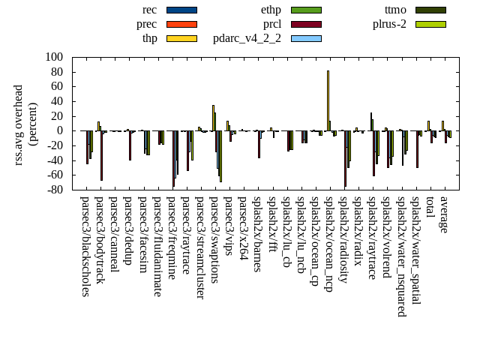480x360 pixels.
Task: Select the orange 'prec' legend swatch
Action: [181, 24]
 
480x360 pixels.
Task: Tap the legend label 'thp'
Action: [149, 38]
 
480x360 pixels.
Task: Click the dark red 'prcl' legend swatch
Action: [306, 24]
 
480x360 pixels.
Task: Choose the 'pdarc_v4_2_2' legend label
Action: [247, 38]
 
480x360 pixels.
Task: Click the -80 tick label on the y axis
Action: [54, 190]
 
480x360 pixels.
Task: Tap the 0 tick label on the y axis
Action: [60, 130]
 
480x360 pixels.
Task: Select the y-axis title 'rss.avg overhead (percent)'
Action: [25, 124]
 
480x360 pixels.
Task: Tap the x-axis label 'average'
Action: [444, 214]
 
